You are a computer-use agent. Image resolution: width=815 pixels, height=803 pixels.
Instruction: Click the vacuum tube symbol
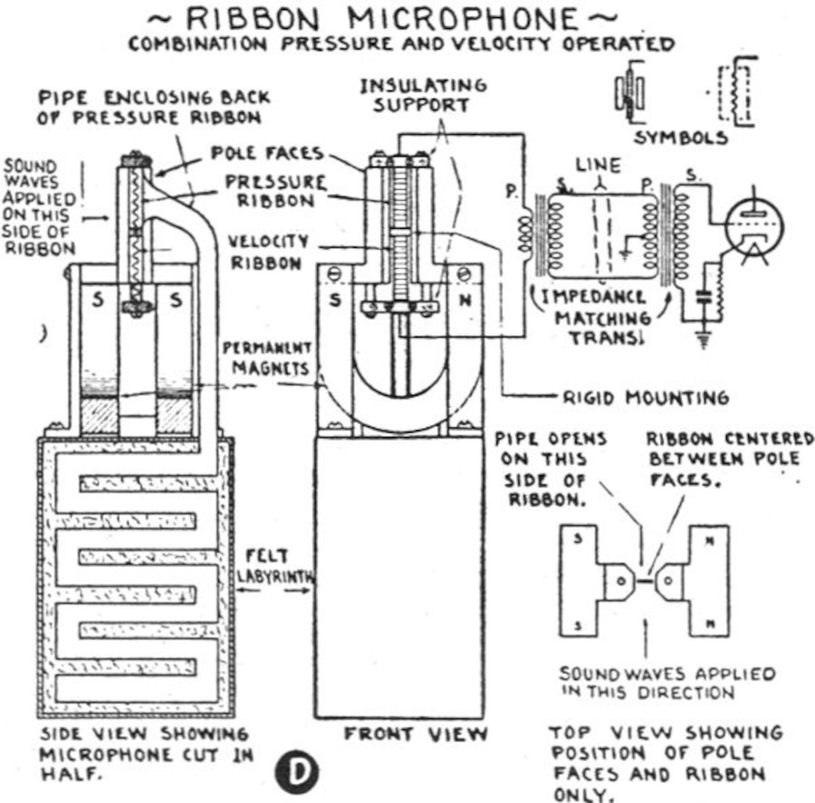point(753,226)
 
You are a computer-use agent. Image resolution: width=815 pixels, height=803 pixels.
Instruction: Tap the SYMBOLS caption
point(681,139)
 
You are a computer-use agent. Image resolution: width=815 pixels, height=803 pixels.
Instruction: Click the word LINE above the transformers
point(599,166)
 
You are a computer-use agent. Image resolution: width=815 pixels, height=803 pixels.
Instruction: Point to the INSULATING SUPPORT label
point(423,94)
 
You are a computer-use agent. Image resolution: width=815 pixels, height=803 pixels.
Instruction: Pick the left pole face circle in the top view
point(621,580)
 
